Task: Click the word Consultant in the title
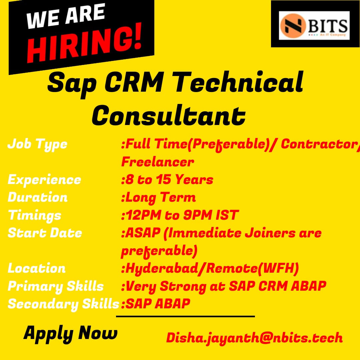tap(169, 115)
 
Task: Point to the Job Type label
tap(37, 144)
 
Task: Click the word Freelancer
tap(157, 162)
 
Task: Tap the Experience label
tap(44, 180)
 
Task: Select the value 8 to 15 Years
tap(167, 180)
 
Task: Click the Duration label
tap(38, 197)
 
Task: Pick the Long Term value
tap(158, 197)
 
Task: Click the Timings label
tap(35, 215)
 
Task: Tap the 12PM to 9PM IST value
tap(180, 215)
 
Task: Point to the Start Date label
tap(45, 233)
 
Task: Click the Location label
tap(37, 268)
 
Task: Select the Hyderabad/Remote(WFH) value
tap(210, 268)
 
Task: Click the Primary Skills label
tap(56, 286)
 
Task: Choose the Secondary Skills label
tap(63, 304)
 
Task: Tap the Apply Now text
tap(70, 333)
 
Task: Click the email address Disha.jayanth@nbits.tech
tap(254, 338)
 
